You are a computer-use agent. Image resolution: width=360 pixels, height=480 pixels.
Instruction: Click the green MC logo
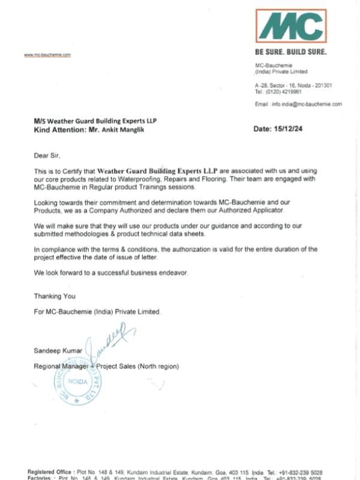(293, 26)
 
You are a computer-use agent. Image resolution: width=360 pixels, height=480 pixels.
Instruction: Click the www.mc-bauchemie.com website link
(47, 55)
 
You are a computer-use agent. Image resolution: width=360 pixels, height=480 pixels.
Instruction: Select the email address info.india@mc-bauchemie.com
(307, 104)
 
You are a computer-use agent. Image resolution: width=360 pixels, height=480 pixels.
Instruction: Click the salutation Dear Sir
(47, 155)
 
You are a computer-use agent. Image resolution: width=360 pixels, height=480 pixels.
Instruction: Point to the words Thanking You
(55, 296)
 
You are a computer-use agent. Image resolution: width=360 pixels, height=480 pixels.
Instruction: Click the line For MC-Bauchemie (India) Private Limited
(97, 312)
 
